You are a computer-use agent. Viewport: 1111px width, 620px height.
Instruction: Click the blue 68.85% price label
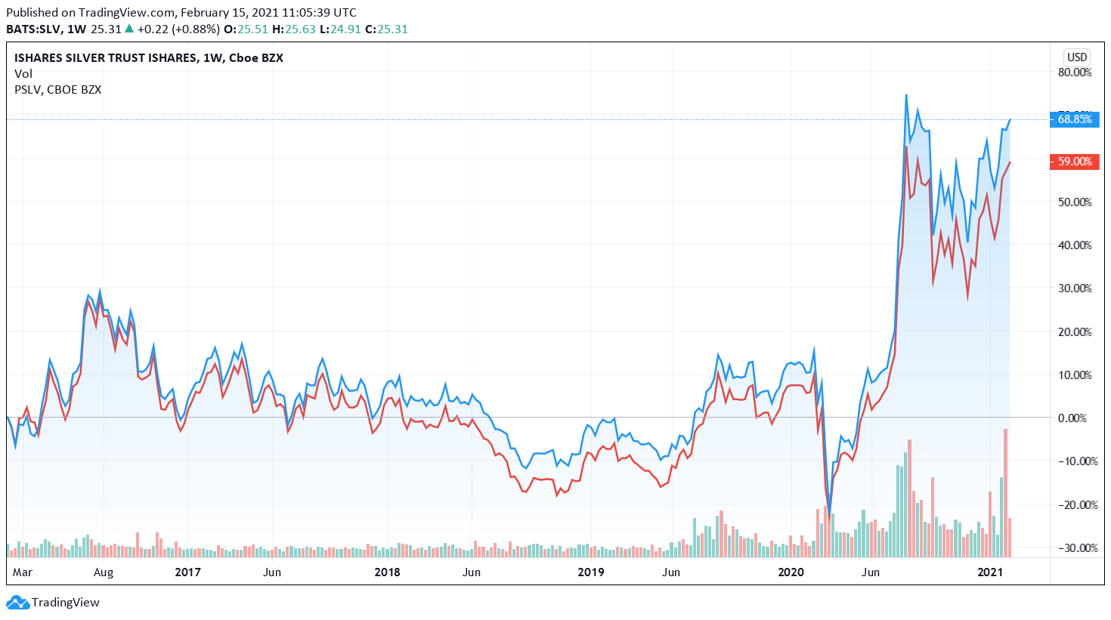coord(1074,119)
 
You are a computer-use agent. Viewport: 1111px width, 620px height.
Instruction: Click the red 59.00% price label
coord(1074,162)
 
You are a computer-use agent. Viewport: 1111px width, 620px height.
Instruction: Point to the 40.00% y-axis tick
coord(1074,245)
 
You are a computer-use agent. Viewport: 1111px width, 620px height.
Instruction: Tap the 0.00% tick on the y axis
coord(1072,418)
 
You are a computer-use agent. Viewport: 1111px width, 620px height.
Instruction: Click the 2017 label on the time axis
coord(188,572)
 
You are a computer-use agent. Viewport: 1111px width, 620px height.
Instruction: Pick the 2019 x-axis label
coord(591,572)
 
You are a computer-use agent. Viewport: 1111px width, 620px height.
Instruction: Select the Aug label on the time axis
coord(104,572)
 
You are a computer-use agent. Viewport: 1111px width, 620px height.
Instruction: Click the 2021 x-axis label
coord(990,572)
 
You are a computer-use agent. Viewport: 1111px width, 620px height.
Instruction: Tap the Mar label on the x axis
coord(23,572)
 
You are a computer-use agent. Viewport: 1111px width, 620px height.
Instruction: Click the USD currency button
coord(1077,57)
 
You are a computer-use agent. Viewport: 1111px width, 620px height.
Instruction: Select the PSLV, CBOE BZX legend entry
coord(58,90)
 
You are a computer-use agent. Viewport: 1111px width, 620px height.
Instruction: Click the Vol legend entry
coord(23,74)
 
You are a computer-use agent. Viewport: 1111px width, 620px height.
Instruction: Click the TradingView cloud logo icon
coord(17,603)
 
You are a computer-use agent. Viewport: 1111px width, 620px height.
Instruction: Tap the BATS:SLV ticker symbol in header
coord(33,29)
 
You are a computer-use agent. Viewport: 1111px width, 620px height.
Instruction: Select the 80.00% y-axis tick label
coord(1074,72)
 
